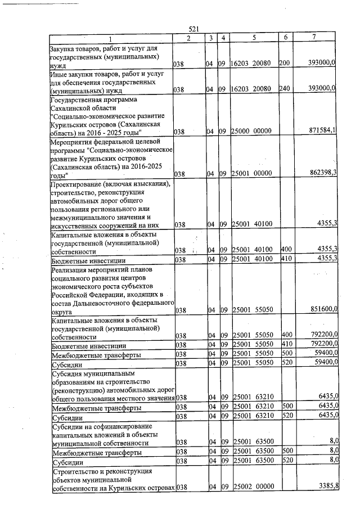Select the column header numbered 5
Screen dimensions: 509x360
click(x=254, y=38)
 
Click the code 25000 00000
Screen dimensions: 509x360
click(x=252, y=131)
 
